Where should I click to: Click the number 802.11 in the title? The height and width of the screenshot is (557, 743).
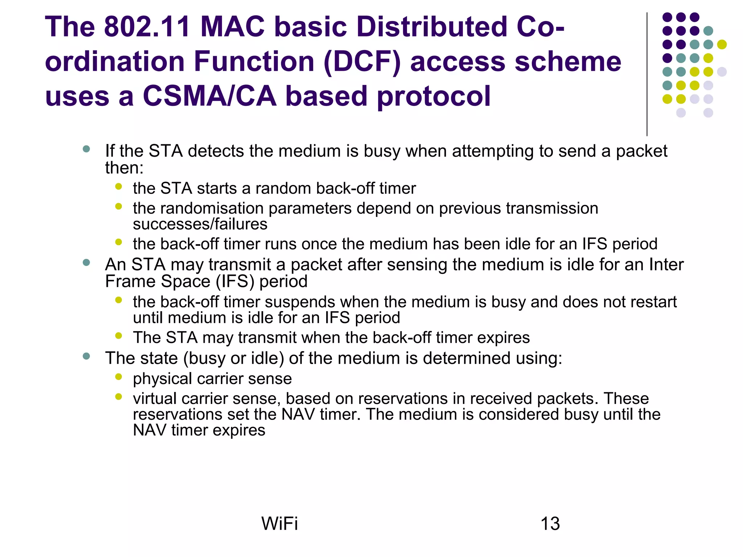(147, 27)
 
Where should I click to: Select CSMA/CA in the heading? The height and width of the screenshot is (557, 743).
(209, 96)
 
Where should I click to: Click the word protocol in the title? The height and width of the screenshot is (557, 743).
(434, 96)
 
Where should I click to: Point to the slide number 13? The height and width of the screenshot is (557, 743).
(550, 524)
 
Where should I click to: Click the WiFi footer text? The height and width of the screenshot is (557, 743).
(279, 524)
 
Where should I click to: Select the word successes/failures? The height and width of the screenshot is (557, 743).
(200, 224)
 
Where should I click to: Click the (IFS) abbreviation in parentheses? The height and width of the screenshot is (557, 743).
(235, 282)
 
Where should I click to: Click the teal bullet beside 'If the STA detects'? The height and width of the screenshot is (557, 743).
(86, 149)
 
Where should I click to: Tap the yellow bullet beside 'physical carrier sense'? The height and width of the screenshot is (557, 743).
(118, 377)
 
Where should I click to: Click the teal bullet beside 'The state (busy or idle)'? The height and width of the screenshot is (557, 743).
(86, 356)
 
